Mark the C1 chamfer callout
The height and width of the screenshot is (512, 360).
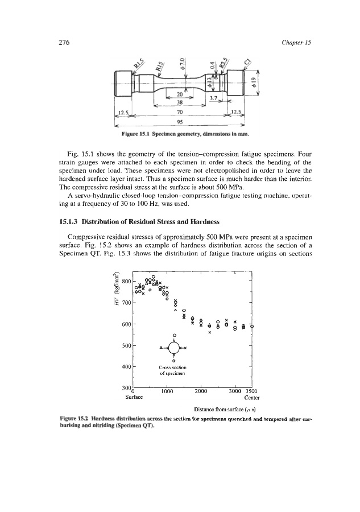click(247, 60)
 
